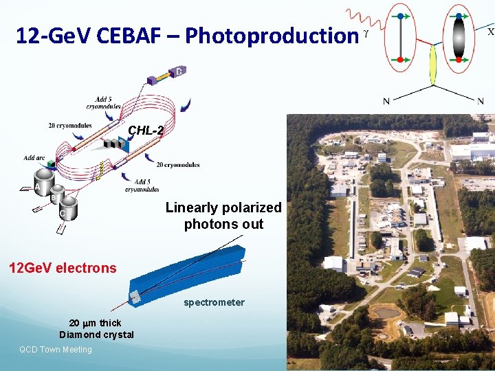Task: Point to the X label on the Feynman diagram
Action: pyautogui.click(x=489, y=32)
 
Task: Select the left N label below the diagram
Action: pyautogui.click(x=386, y=102)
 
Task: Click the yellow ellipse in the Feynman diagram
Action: pyautogui.click(x=433, y=64)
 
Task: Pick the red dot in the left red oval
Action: pyautogui.click(x=401, y=60)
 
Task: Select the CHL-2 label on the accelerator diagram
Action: pyautogui.click(x=146, y=131)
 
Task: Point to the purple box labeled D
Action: pyautogui.click(x=177, y=71)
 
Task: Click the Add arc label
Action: pyautogui.click(x=34, y=158)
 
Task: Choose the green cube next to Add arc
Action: pyautogui.click(x=52, y=164)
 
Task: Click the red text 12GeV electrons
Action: pyautogui.click(x=63, y=268)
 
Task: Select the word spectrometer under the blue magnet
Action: pyautogui.click(x=214, y=302)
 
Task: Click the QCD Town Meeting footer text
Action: pyautogui.click(x=56, y=350)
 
